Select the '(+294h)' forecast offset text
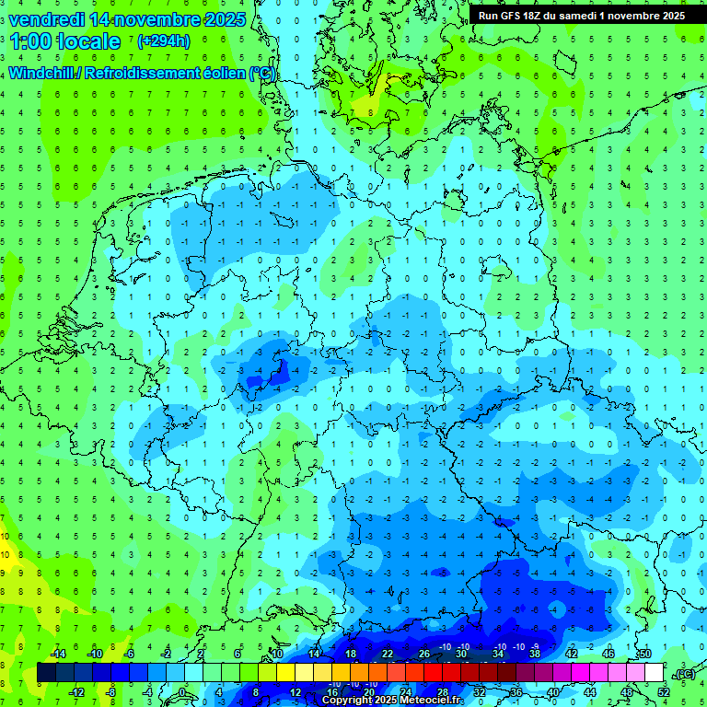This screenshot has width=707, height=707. click(164, 41)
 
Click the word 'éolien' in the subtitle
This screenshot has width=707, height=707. click(217, 73)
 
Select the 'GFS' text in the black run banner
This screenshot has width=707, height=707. click(516, 16)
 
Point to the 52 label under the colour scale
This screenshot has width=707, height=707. click(664, 692)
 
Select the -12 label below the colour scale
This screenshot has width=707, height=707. click(78, 692)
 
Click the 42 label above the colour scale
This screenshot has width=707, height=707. click(571, 654)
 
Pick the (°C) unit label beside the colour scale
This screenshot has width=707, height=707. click(684, 674)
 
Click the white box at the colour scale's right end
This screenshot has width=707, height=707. click(654, 673)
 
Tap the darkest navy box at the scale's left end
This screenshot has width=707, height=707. click(46, 673)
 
